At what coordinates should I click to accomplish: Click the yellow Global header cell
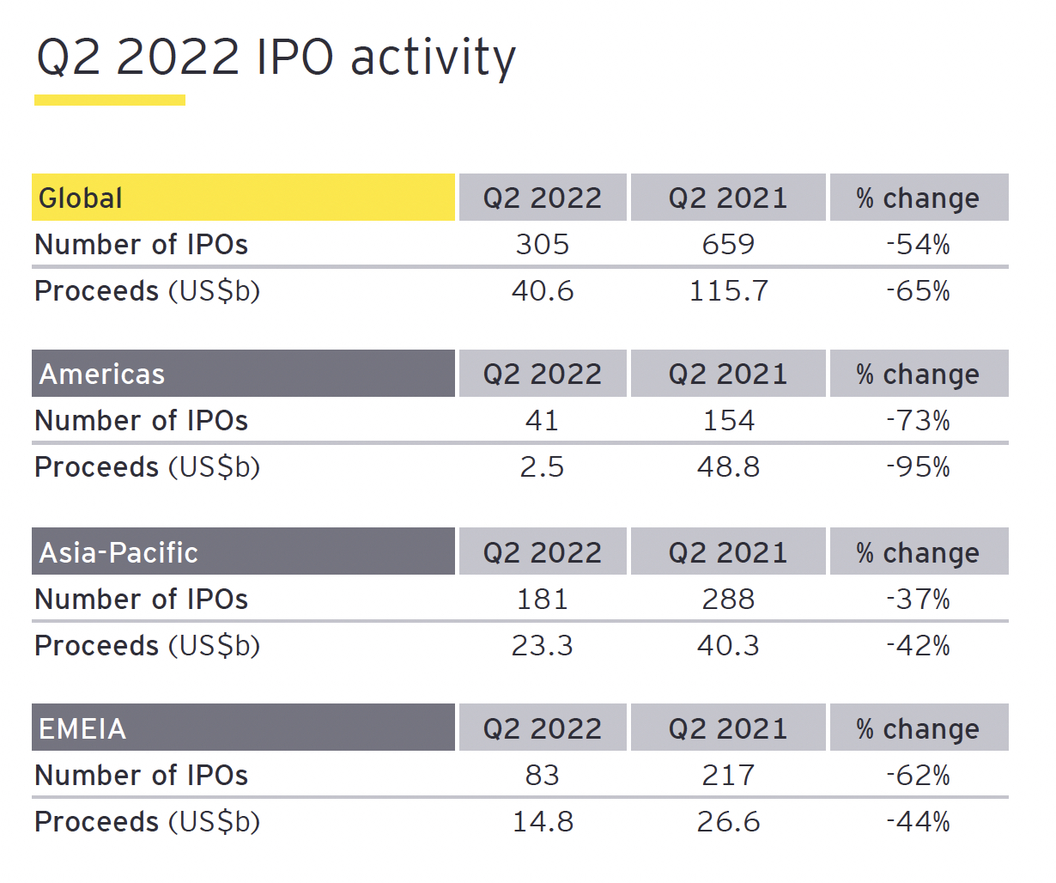[243, 197]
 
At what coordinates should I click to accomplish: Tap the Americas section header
[243, 373]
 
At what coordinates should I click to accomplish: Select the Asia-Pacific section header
[243, 551]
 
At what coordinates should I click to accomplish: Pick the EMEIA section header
[243, 728]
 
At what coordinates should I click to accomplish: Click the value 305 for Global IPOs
[542, 245]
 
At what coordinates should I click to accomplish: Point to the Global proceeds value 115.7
[728, 291]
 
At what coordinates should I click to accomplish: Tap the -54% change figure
[919, 245]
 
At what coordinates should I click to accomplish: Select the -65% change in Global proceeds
[919, 291]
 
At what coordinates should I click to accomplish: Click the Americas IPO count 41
[542, 421]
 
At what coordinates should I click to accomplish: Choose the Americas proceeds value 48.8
[728, 466]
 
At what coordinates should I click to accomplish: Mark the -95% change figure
[919, 466]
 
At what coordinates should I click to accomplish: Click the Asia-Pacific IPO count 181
[542, 600]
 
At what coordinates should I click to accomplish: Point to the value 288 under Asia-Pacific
[728, 600]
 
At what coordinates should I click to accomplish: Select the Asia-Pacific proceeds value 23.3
[542, 646]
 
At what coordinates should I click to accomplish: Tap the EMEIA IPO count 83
[542, 776]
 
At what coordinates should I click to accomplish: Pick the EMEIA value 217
[728, 776]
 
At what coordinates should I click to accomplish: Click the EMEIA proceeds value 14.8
[543, 822]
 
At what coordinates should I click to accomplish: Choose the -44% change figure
[919, 822]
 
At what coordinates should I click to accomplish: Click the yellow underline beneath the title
[110, 100]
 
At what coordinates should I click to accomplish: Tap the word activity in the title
[433, 58]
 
